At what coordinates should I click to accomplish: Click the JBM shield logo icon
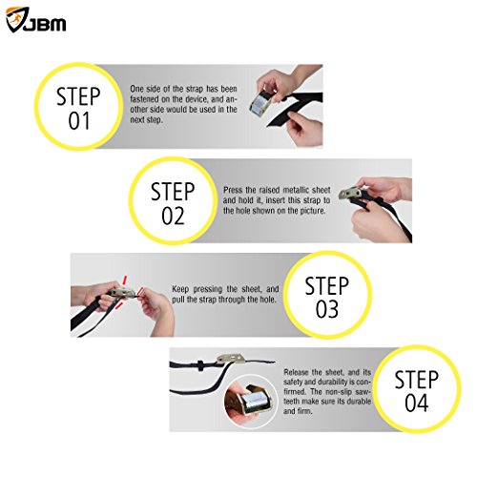click(16, 19)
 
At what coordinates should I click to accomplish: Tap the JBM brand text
click(45, 24)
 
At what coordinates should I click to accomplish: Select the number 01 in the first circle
click(78, 121)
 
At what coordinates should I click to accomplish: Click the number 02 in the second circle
click(173, 217)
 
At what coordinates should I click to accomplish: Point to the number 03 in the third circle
click(327, 309)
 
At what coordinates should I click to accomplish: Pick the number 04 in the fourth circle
click(417, 403)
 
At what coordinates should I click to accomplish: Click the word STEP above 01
click(78, 96)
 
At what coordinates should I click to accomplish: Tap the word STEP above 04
click(417, 379)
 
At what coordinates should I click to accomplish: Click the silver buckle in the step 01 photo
click(261, 104)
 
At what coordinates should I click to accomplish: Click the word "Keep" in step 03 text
click(181, 289)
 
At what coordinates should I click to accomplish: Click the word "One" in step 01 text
click(137, 89)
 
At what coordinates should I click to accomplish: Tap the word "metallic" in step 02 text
click(296, 190)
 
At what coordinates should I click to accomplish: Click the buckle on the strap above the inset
click(231, 359)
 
